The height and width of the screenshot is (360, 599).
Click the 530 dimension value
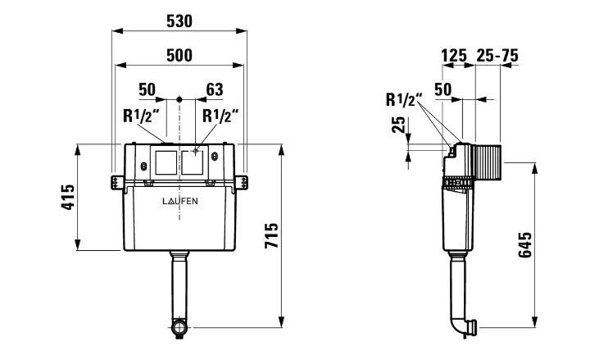click(180, 21)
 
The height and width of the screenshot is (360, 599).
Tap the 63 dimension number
click(215, 89)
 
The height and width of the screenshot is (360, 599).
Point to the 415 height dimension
click(69, 198)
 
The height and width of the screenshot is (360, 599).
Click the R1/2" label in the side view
click(404, 100)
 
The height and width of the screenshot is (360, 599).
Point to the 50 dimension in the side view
click(443, 89)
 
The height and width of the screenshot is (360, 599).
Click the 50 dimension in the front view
click(147, 89)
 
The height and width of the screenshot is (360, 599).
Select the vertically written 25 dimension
click(398, 126)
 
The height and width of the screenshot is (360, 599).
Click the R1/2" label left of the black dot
click(140, 116)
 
